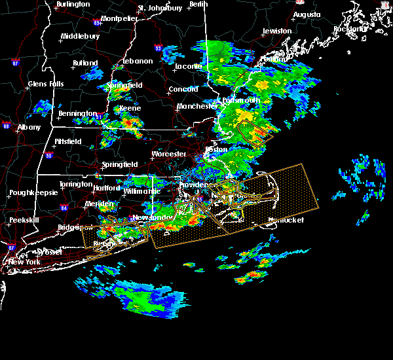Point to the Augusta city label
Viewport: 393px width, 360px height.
307,14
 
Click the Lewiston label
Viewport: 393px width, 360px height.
277,31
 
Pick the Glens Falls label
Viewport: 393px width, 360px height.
46,84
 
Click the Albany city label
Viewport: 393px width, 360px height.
29,127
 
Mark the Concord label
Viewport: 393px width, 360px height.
183,89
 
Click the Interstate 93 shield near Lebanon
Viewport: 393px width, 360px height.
158,48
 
